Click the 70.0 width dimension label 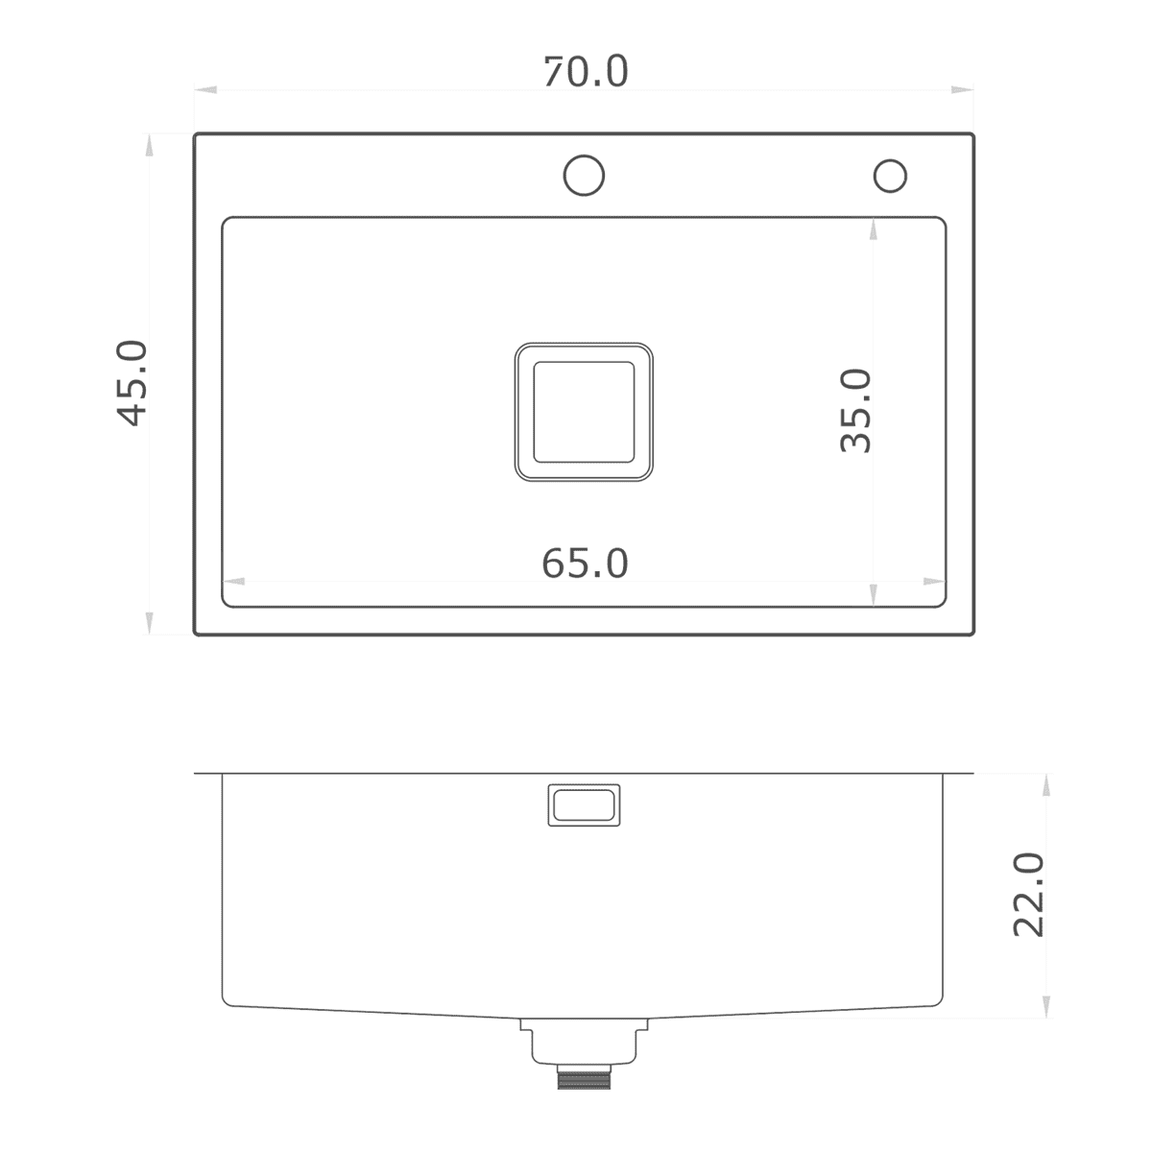(x=586, y=72)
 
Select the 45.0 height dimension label (x=132, y=383)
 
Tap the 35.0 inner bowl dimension (x=855, y=411)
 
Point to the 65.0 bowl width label (x=585, y=564)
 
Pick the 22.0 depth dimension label (x=1028, y=895)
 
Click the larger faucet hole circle (x=584, y=176)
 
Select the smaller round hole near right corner (x=890, y=176)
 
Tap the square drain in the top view (x=584, y=412)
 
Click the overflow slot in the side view (x=584, y=805)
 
